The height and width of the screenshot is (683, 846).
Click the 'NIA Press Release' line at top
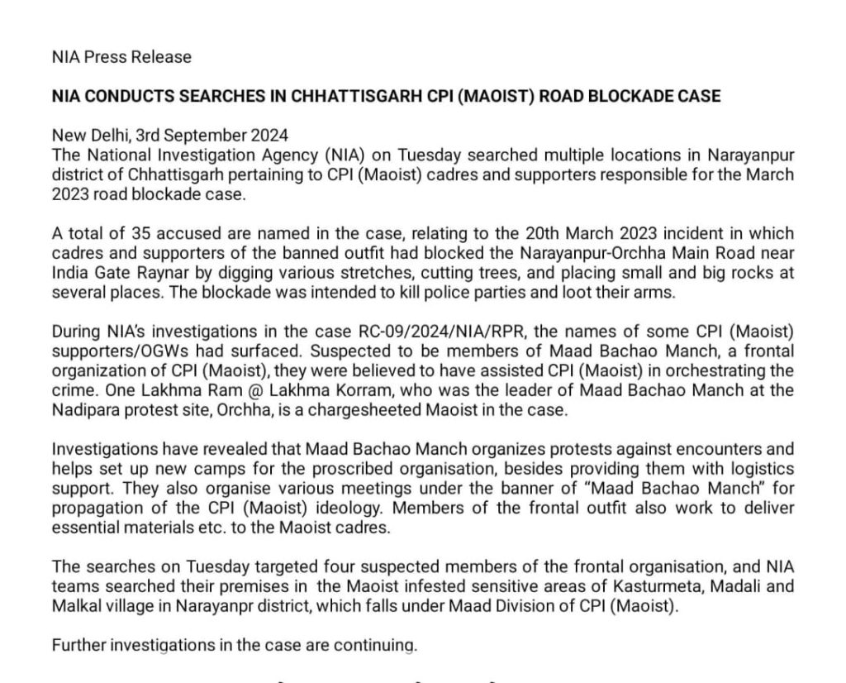pyautogui.click(x=121, y=57)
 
